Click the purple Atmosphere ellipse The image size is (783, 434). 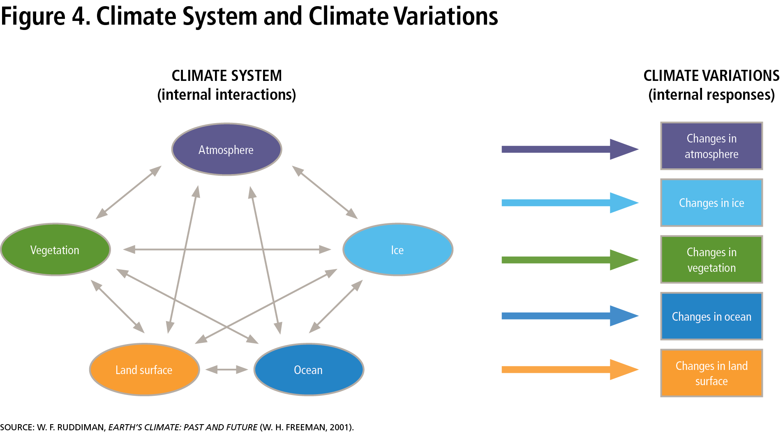tap(226, 149)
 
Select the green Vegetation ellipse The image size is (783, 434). tap(55, 250)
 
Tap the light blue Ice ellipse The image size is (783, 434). tap(398, 250)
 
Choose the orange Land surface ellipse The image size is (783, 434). tap(145, 370)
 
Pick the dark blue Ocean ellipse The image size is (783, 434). tap(309, 370)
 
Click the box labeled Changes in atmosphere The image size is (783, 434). tap(711, 146)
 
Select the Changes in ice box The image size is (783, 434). tap(711, 202)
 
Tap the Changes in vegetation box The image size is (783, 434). tap(711, 259)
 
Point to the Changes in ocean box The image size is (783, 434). tap(711, 316)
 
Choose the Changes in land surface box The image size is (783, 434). tap(711, 373)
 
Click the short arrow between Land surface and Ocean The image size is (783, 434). tap(226, 370)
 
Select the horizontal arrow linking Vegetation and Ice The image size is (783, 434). tap(227, 249)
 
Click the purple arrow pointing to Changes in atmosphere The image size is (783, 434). tap(570, 149)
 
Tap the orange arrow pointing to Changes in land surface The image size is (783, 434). tap(570, 370)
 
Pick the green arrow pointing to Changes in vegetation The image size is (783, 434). tap(570, 259)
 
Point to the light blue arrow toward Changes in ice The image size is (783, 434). tap(570, 202)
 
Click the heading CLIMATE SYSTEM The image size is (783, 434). tap(227, 76)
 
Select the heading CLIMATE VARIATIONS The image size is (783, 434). tap(711, 76)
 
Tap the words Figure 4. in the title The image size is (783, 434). tap(46, 16)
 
